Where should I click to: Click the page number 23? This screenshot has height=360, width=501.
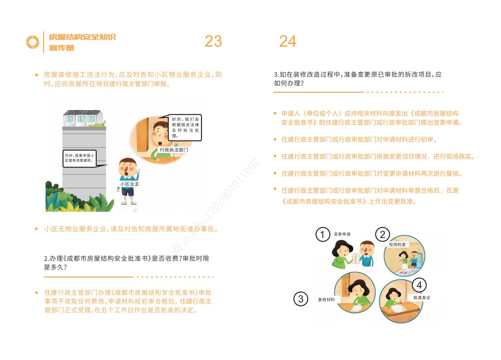pyautogui.click(x=213, y=41)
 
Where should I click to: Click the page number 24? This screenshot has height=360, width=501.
pyautogui.click(x=287, y=42)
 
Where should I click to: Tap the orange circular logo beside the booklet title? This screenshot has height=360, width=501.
pyautogui.click(x=33, y=42)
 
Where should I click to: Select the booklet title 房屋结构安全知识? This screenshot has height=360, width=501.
pyautogui.click(x=82, y=37)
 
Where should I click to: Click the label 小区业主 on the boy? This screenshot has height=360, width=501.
pyautogui.click(x=130, y=184)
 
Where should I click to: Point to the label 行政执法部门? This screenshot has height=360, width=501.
pyautogui.click(x=174, y=150)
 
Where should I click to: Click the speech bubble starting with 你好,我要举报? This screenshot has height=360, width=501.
pyautogui.click(x=79, y=158)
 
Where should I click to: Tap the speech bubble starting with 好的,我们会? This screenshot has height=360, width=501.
pyautogui.click(x=185, y=127)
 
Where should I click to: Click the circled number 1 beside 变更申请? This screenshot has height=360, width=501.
pyautogui.click(x=322, y=235)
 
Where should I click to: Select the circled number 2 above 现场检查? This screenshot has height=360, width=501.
pyautogui.click(x=382, y=235)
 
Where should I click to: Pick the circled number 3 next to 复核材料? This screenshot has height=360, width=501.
pyautogui.click(x=301, y=299)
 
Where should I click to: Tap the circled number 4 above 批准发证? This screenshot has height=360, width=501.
pyautogui.click(x=419, y=285)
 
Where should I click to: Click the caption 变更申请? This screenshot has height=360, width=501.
pyautogui.click(x=342, y=234)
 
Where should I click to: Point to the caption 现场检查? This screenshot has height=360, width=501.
pyautogui.click(x=397, y=245)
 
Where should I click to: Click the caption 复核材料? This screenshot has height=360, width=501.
pyautogui.click(x=326, y=300)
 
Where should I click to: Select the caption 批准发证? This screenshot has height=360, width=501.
pyautogui.click(x=422, y=298)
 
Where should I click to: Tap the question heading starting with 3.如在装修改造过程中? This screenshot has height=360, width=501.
pyautogui.click(x=357, y=79)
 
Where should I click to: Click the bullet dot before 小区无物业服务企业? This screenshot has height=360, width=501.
pyautogui.click(x=37, y=229)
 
